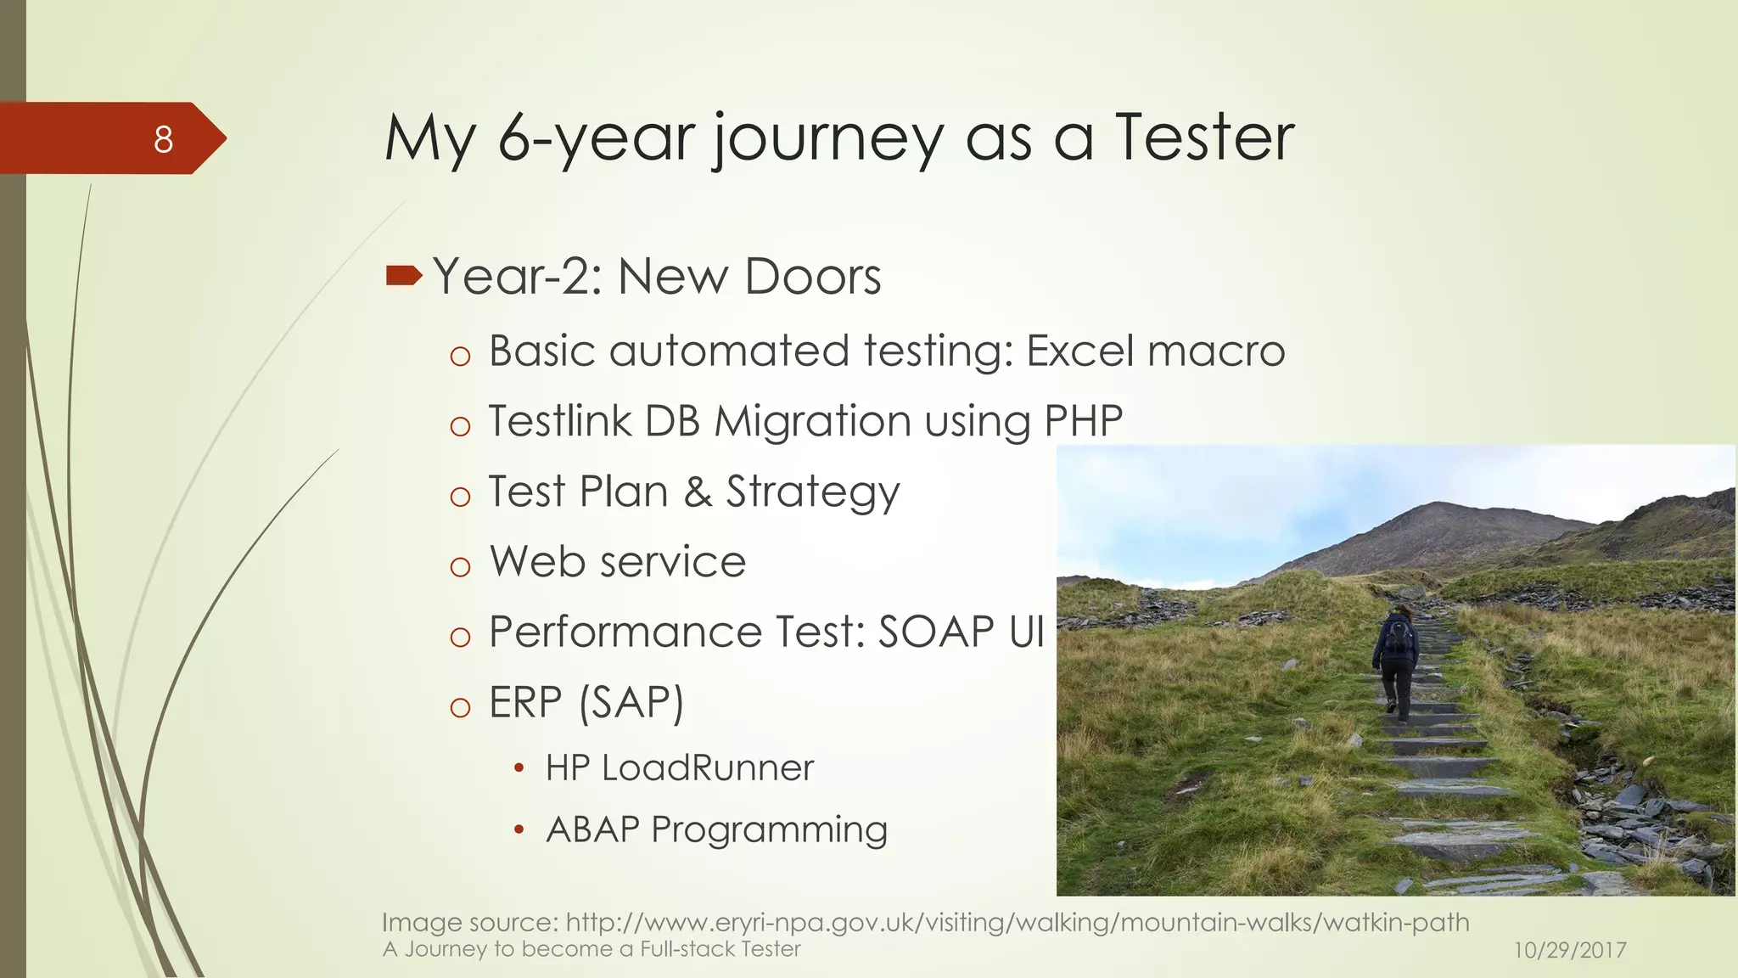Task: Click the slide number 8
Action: (163, 139)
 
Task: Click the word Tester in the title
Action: (1204, 138)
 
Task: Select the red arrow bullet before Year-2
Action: (403, 275)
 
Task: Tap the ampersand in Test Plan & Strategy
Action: (698, 492)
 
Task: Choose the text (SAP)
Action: (631, 703)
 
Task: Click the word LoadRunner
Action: (708, 768)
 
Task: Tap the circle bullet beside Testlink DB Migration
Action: (460, 426)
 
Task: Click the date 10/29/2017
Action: (1570, 950)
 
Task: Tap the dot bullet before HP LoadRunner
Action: (519, 769)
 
